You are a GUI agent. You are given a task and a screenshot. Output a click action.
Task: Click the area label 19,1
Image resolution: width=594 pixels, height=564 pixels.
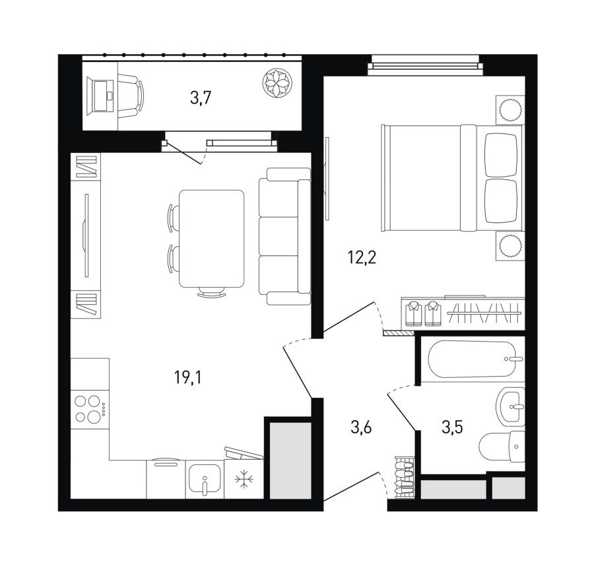(188, 377)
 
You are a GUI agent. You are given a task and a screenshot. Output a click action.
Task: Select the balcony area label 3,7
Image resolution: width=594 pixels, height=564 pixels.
(201, 98)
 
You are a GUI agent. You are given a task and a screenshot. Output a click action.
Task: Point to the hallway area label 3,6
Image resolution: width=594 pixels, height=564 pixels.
(361, 427)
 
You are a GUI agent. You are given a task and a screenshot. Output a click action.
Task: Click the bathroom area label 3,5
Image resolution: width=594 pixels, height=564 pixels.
(452, 427)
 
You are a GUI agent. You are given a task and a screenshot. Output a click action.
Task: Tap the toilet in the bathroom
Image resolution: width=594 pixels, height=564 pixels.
(502, 447)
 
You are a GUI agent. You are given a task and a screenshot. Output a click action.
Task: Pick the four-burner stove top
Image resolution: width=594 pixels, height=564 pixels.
(90, 409)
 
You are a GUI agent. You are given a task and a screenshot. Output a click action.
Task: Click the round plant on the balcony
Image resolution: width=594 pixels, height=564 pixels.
(278, 83)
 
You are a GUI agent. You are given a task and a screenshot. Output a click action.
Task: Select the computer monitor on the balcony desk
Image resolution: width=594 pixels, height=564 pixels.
(100, 96)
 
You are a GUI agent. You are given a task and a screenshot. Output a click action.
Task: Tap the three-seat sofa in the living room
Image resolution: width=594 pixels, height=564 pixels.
(285, 236)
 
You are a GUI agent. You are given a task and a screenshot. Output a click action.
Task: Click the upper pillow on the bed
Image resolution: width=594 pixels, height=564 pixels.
(501, 155)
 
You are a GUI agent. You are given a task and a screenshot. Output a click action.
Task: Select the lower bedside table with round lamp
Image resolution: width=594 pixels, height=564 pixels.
(510, 245)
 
